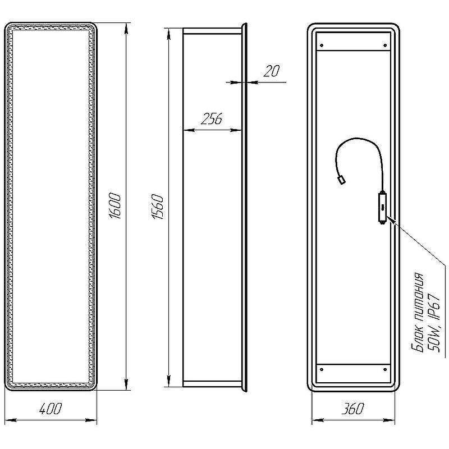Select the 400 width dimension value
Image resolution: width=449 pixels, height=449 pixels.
(50, 409)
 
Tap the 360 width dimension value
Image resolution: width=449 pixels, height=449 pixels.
(353, 409)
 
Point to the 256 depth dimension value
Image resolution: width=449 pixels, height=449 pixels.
(212, 119)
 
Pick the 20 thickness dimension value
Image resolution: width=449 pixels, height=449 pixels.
(272, 71)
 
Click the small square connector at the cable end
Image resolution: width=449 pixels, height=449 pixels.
(341, 180)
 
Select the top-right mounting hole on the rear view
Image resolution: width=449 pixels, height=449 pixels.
(385, 45)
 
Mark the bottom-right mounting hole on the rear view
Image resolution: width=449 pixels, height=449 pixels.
(385, 369)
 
